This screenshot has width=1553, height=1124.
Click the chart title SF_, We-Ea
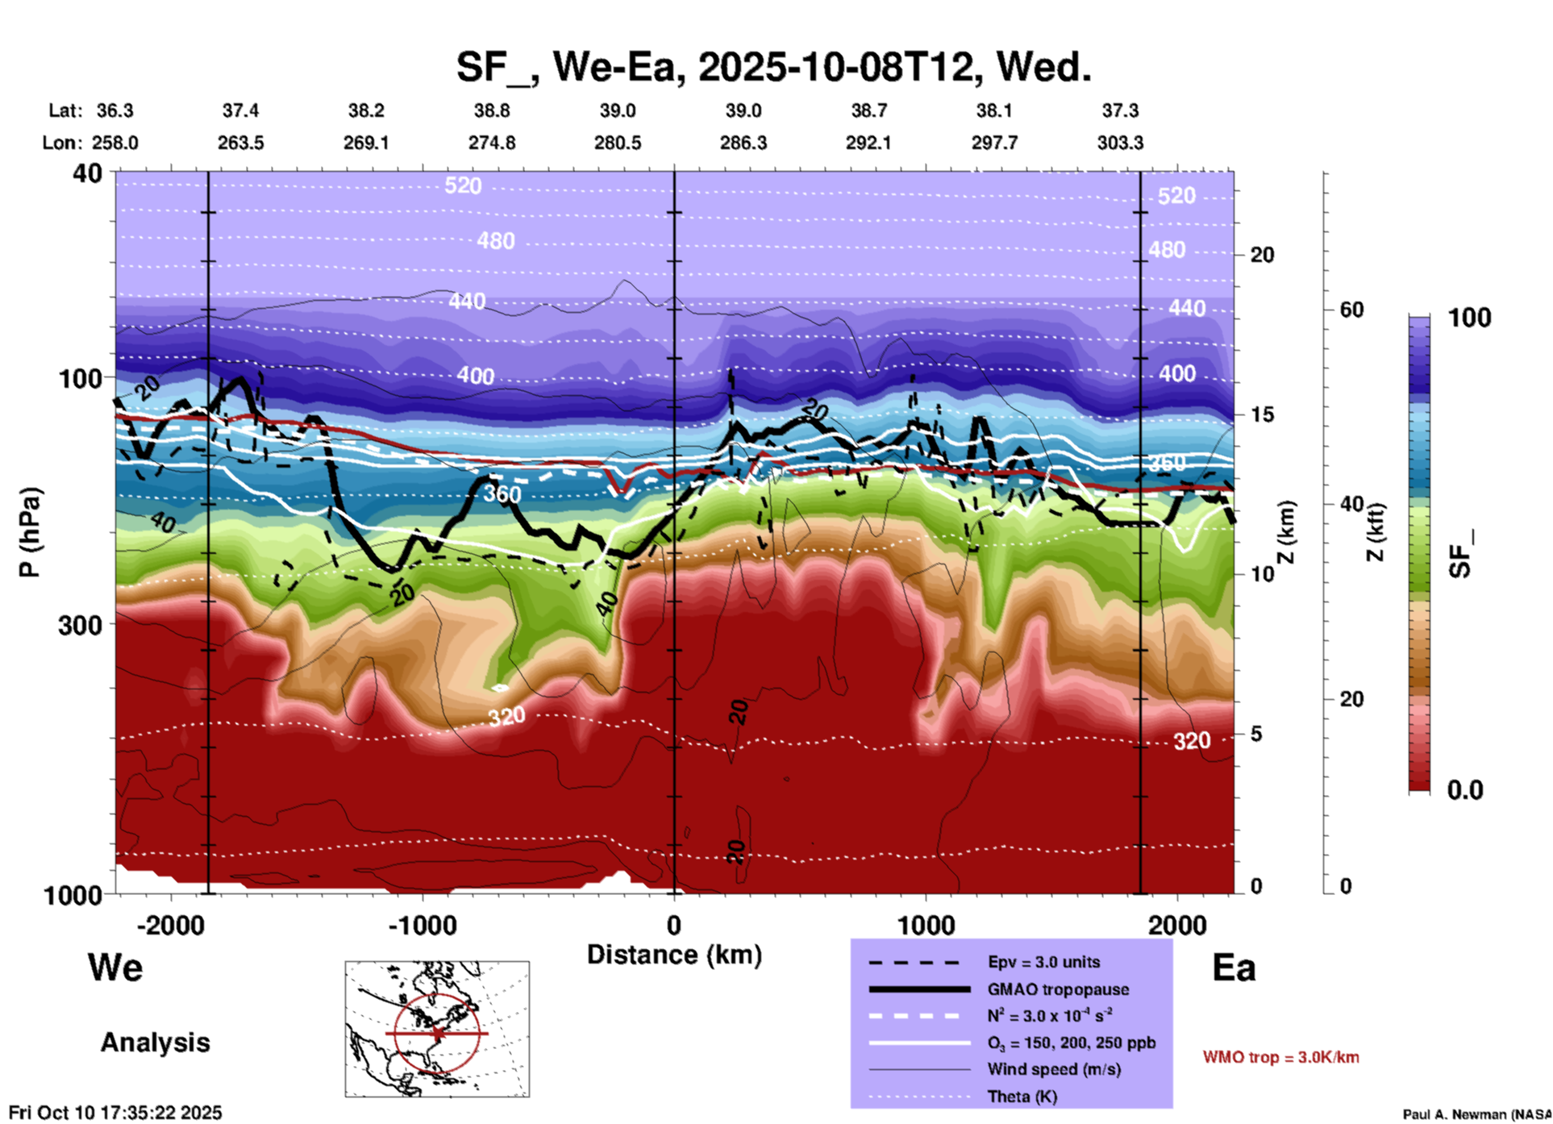(x=772, y=67)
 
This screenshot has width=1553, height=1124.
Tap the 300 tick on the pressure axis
(x=81, y=625)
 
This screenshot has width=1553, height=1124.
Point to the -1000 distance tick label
(x=421, y=925)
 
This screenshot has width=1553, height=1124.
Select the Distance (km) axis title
(x=674, y=955)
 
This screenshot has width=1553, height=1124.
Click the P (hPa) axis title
(x=30, y=532)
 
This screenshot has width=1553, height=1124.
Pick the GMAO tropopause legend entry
(x=1058, y=989)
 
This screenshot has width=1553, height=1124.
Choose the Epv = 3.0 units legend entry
(x=1043, y=962)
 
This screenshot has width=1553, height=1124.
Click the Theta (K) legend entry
(x=1023, y=1097)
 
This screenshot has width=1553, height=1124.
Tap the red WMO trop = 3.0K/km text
(x=1280, y=1057)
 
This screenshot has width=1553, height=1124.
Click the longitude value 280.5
(x=618, y=143)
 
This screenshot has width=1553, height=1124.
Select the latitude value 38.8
(x=492, y=110)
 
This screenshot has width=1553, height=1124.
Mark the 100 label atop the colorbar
(x=1469, y=318)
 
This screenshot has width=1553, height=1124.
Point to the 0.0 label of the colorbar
(x=1465, y=789)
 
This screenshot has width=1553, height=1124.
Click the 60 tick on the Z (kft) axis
(x=1351, y=310)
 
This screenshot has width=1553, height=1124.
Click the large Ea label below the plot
(x=1234, y=968)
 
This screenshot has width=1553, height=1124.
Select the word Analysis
(x=155, y=1043)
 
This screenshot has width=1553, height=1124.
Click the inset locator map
(x=437, y=1029)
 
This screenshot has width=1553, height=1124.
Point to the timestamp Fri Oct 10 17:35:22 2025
(x=115, y=1113)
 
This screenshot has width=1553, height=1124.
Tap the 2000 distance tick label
(x=1177, y=925)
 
